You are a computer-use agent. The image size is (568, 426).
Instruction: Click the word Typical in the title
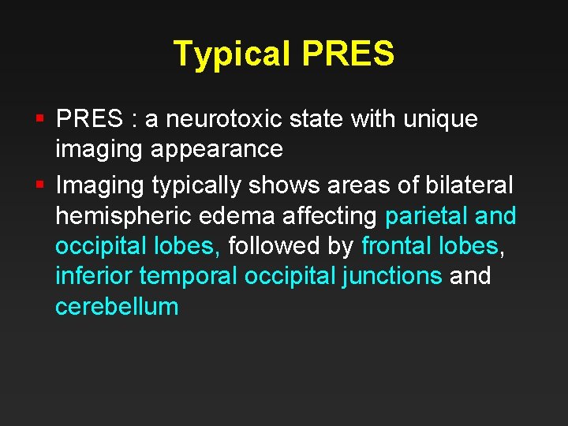coord(234,54)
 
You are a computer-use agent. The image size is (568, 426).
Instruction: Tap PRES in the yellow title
coord(347,54)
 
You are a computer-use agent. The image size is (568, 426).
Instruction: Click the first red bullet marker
coord(39,119)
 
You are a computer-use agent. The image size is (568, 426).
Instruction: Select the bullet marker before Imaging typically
coord(39,185)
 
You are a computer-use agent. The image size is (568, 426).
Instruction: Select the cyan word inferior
coord(94,276)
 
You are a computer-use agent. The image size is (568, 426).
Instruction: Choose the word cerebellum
coord(117,306)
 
